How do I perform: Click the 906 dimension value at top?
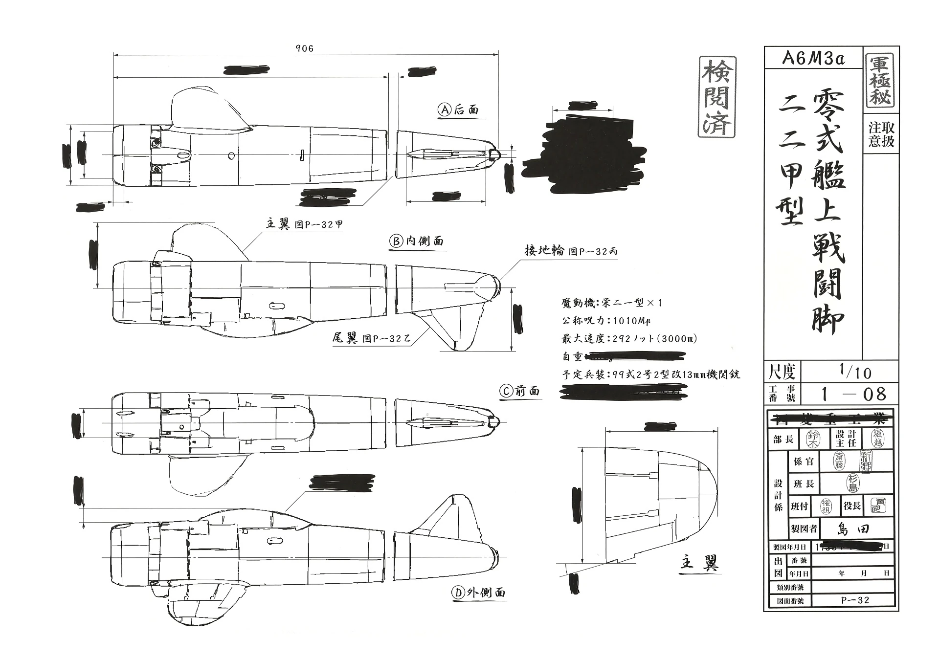click(x=304, y=48)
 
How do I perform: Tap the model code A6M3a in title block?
click(x=813, y=58)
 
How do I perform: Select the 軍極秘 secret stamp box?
click(x=881, y=81)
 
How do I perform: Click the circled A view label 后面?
click(x=458, y=110)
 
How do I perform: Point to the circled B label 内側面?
click(x=417, y=241)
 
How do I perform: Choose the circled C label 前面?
click(x=520, y=391)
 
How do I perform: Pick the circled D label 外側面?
click(x=478, y=593)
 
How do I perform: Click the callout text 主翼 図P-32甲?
click(x=304, y=224)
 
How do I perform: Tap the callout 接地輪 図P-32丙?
click(x=570, y=251)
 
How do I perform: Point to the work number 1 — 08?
click(x=853, y=394)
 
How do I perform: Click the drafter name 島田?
click(x=853, y=528)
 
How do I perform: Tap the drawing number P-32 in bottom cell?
click(x=854, y=600)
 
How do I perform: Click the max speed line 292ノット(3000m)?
click(x=629, y=339)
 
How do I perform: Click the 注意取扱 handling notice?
click(x=881, y=134)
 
